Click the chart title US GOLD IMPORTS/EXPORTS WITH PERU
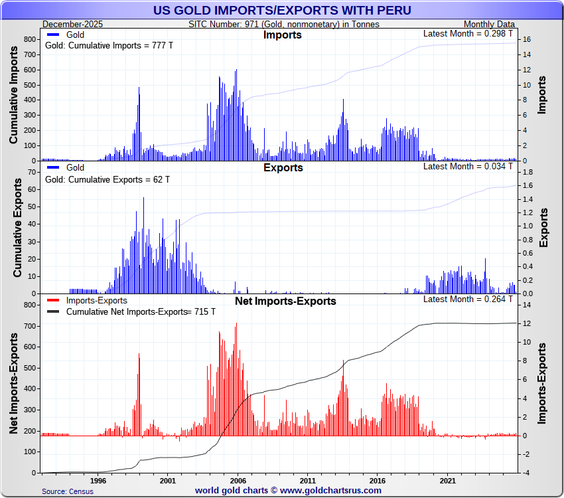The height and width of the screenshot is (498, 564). (282, 10)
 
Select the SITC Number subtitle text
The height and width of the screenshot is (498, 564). (284, 25)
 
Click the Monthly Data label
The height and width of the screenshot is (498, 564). (489, 25)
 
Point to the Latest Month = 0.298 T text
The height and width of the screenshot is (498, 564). (468, 33)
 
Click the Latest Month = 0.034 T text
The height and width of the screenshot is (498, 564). (468, 166)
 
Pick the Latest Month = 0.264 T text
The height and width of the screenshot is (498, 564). (468, 299)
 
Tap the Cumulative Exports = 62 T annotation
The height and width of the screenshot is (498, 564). (107, 179)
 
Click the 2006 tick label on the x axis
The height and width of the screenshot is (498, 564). (238, 480)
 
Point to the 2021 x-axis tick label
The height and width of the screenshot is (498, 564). (448, 480)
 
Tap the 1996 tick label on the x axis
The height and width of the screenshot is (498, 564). (98, 480)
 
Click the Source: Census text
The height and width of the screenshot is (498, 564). (68, 491)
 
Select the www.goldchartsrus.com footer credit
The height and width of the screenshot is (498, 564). (288, 491)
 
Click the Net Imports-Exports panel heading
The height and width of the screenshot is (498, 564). (285, 301)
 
